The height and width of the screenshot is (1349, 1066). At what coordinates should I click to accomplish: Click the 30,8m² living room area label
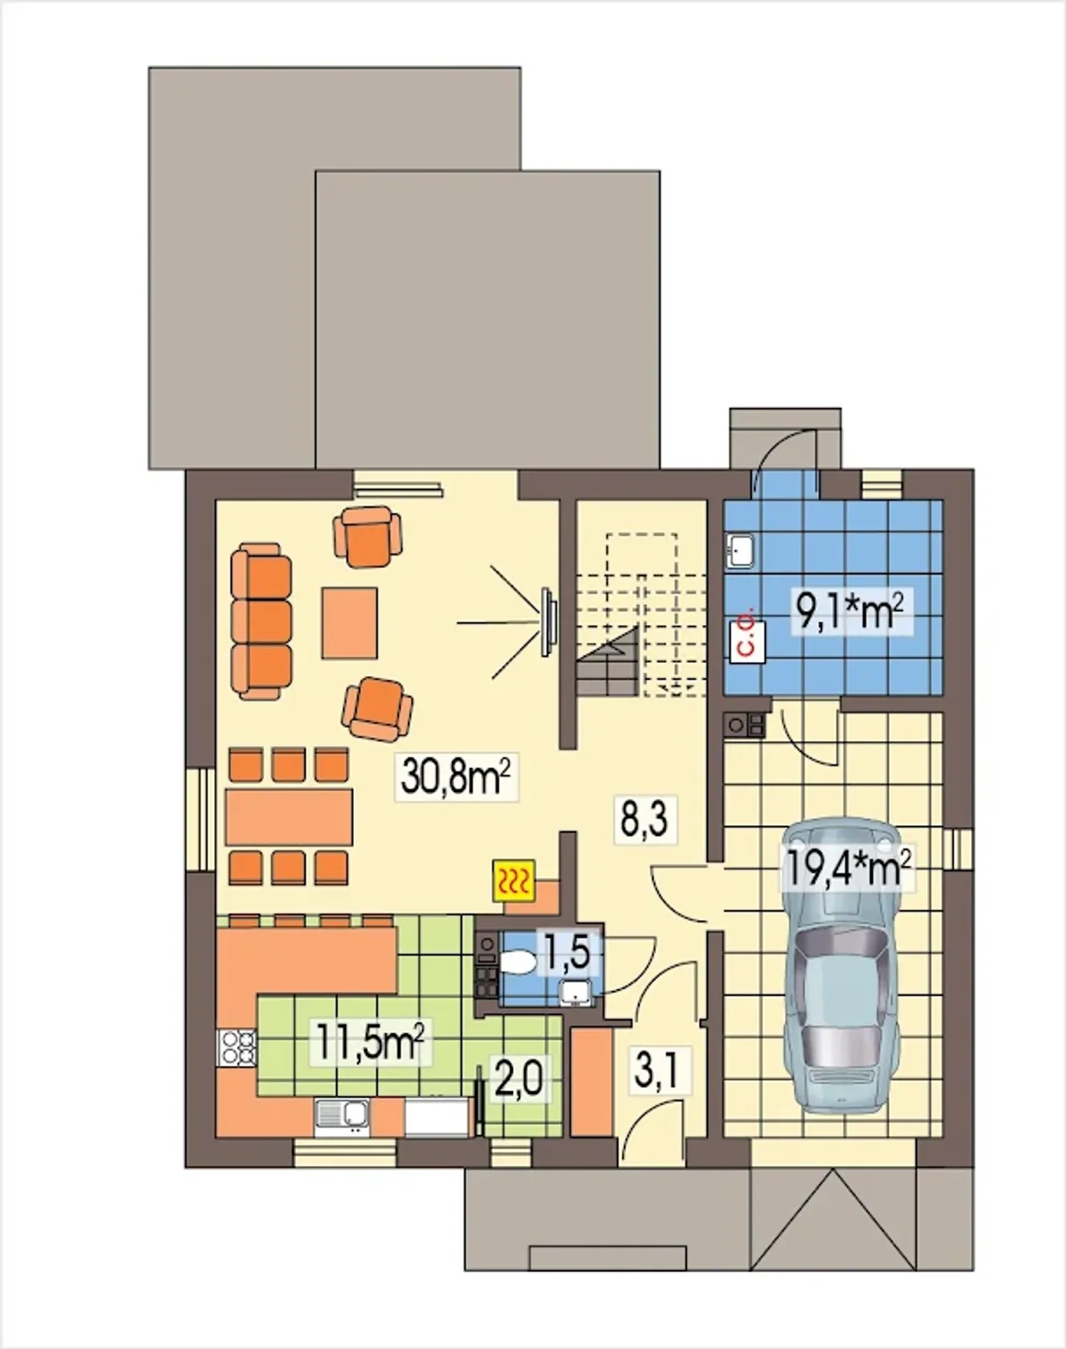(456, 777)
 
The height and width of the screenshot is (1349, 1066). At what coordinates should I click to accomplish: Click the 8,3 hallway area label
(645, 820)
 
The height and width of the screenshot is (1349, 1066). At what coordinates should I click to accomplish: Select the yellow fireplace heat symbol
(514, 881)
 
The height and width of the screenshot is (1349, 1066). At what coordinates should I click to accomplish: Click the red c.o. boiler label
(748, 639)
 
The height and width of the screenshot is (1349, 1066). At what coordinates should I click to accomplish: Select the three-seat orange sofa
(262, 620)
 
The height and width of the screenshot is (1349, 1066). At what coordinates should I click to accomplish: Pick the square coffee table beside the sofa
(350, 623)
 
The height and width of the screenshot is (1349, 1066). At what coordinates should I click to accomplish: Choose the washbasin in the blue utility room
(740, 550)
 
